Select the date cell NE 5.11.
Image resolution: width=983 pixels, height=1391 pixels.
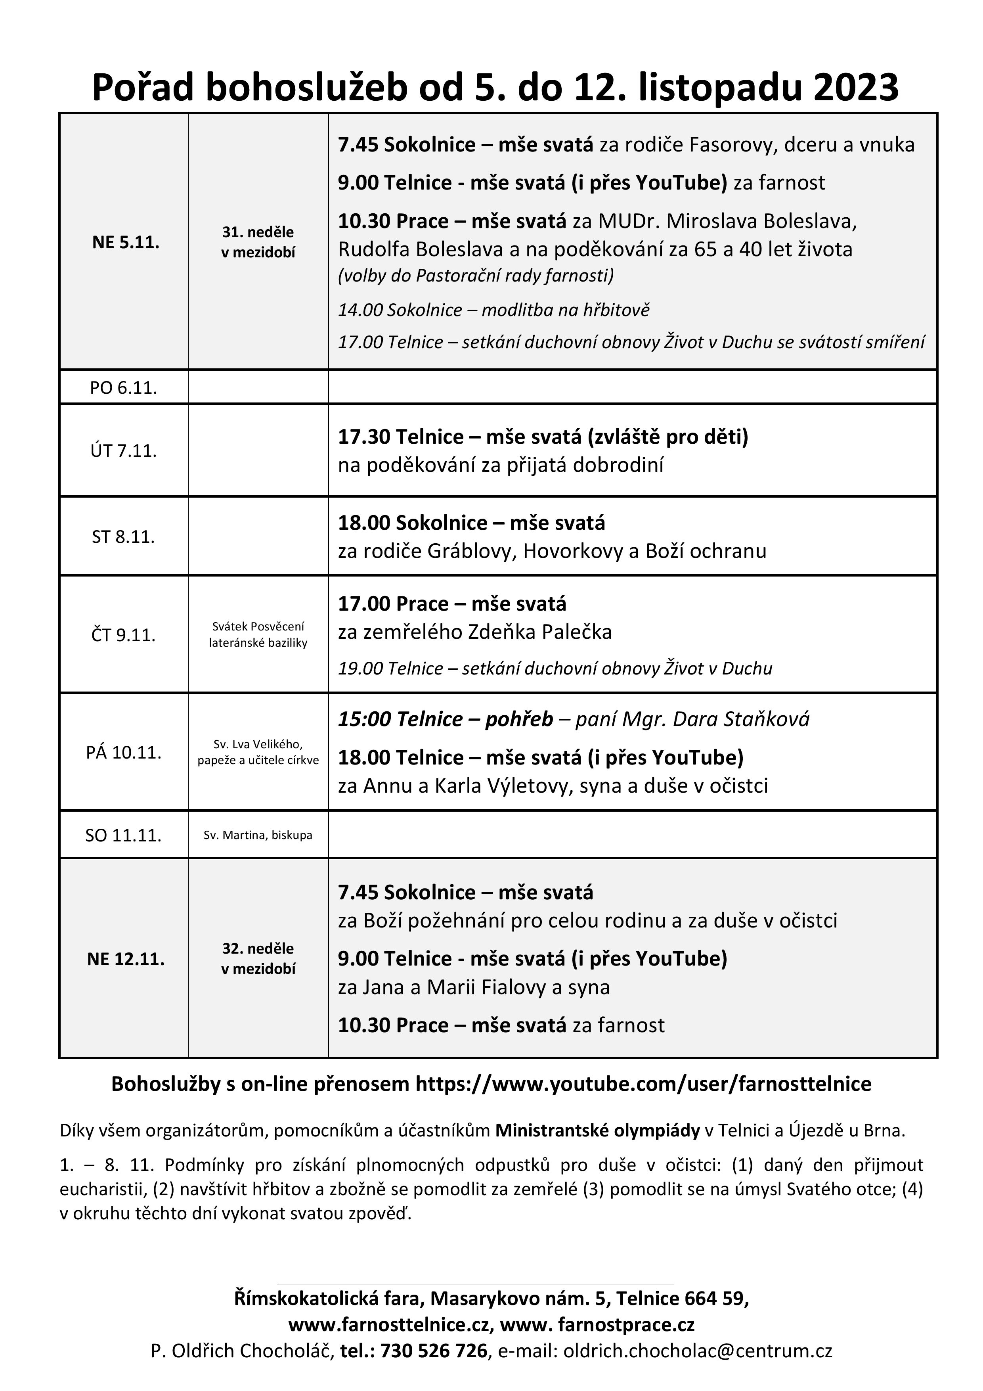(x=125, y=242)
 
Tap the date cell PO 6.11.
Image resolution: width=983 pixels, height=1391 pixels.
(x=124, y=388)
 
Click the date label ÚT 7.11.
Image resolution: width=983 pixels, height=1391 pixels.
(x=124, y=451)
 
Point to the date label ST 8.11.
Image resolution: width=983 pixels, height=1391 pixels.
(x=124, y=537)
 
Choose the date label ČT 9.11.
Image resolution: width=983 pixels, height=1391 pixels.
(x=124, y=635)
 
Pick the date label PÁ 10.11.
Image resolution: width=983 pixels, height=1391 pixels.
(x=124, y=753)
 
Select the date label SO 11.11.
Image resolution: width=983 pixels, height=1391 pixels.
(x=124, y=835)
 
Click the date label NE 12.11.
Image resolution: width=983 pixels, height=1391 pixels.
(x=125, y=959)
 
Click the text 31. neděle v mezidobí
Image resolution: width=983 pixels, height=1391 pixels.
(x=258, y=242)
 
